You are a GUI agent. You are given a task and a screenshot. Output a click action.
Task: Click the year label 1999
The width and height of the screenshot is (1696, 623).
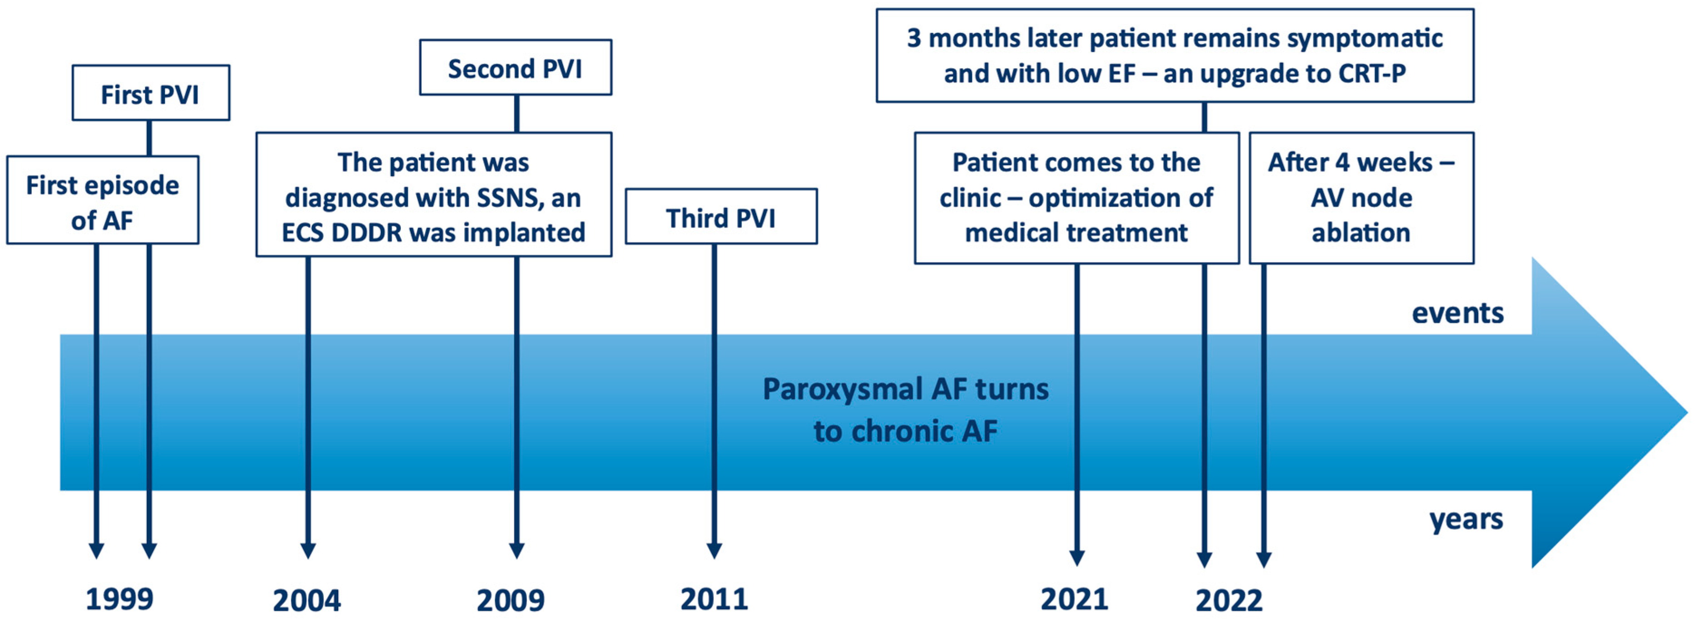pos(119,599)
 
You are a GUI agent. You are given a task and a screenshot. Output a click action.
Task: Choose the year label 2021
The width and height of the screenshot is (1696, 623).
pos(1074,599)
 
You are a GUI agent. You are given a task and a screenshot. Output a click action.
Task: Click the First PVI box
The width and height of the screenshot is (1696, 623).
pos(151,93)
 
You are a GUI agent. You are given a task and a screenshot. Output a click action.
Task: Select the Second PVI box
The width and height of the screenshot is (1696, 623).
pos(515,67)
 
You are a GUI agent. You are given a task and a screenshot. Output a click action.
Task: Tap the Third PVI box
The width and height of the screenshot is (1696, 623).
pos(721,216)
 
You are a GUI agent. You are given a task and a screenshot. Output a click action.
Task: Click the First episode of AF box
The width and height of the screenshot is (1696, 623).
pos(103,200)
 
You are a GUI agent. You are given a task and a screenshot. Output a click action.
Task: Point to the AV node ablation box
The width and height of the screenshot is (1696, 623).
pos(1361,198)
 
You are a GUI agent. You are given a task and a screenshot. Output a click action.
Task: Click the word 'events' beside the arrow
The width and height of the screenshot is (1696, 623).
pos(1458,312)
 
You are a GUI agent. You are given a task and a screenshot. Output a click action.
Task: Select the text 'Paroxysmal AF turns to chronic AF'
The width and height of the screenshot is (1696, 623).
pos(905,410)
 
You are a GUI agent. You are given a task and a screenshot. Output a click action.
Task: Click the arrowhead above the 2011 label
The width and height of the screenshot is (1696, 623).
pos(714,551)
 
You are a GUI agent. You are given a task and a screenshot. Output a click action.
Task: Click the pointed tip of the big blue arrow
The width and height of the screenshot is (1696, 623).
pos(1687,412)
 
